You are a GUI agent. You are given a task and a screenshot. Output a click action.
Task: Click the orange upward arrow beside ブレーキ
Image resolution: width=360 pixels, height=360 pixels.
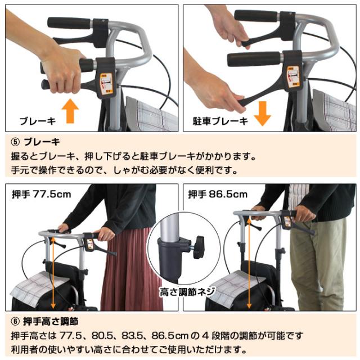click(x=70, y=111)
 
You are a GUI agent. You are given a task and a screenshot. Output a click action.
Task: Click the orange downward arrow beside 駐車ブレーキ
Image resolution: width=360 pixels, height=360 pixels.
click(x=262, y=113)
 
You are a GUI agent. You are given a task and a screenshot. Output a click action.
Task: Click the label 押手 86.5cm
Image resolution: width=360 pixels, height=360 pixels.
click(x=218, y=195)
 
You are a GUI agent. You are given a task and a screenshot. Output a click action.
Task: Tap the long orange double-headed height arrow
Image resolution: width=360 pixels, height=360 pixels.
click(x=53, y=273)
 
